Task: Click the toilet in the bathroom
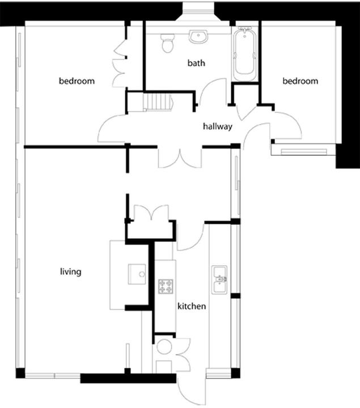click(x=167, y=43)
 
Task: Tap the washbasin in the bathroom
click(x=198, y=36)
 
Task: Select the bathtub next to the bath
click(x=245, y=54)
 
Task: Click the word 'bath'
click(x=196, y=63)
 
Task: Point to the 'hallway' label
click(x=218, y=126)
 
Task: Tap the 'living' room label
click(x=70, y=271)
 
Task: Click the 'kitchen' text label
click(x=192, y=306)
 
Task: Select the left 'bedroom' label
click(x=77, y=81)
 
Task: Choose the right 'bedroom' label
click(x=300, y=81)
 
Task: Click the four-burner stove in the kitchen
click(x=166, y=286)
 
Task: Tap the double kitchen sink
click(x=219, y=280)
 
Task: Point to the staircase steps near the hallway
click(x=158, y=102)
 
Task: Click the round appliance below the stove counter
click(x=164, y=347)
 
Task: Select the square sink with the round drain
click(x=137, y=274)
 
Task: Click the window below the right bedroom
click(x=303, y=152)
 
